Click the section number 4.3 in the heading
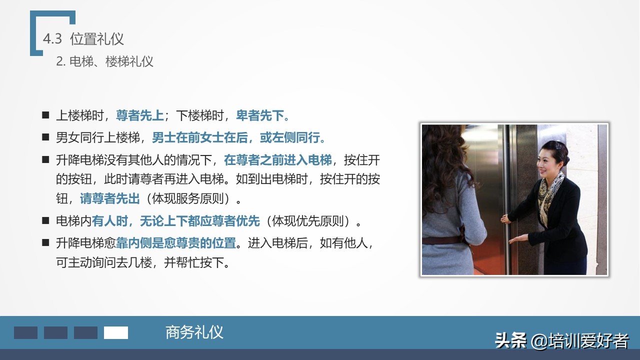52,39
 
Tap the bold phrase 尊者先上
139,116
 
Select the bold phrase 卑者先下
262,116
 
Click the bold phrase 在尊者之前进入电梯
277,160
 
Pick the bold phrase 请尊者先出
109,198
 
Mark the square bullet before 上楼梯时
45,115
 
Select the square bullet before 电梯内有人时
45,220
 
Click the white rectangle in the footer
115,333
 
